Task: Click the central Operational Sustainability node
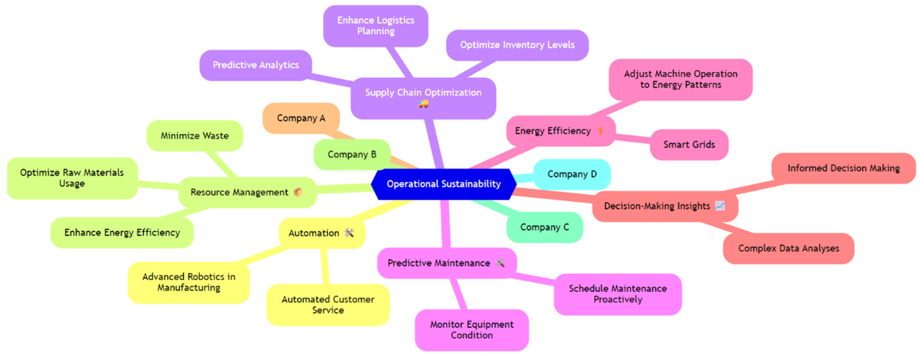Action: point(444,184)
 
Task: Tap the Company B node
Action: point(352,154)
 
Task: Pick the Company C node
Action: point(544,227)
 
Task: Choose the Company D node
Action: point(572,174)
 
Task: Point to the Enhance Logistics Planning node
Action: point(376,26)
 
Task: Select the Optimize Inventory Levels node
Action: point(517,45)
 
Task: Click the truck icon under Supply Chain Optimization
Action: point(423,104)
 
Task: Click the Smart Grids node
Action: point(689,145)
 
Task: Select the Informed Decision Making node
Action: point(843,168)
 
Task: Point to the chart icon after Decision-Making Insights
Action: point(720,206)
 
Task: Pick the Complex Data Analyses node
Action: point(789,248)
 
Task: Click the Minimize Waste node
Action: point(195,136)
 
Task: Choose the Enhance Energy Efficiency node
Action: point(122,233)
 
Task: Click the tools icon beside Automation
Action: point(349,233)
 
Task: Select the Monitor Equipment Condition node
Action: point(471,330)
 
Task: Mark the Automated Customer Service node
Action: point(328,305)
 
